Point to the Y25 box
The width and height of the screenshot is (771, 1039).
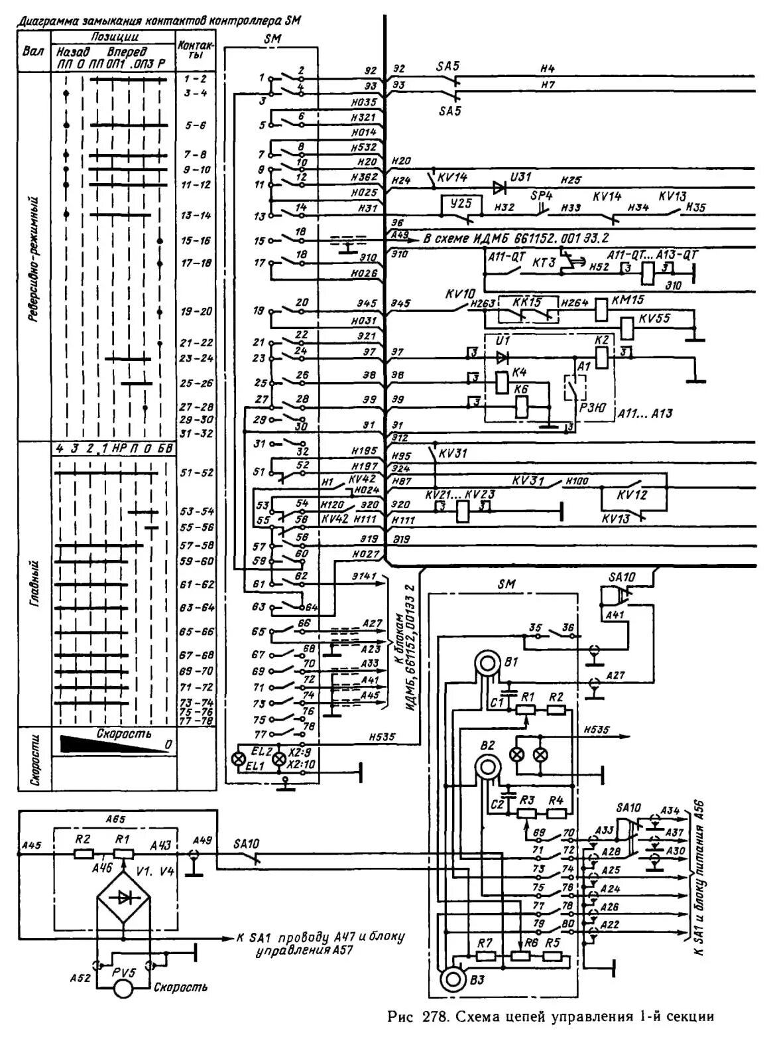[x=455, y=206]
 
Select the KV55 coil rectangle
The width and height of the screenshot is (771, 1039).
[x=627, y=326]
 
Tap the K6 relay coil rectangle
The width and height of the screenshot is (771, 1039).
[x=522, y=405]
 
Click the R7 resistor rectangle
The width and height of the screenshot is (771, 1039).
[x=485, y=956]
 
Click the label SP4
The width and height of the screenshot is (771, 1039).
[x=542, y=196]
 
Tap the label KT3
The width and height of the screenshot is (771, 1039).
[x=544, y=263]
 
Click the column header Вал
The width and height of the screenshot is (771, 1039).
[x=33, y=51]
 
